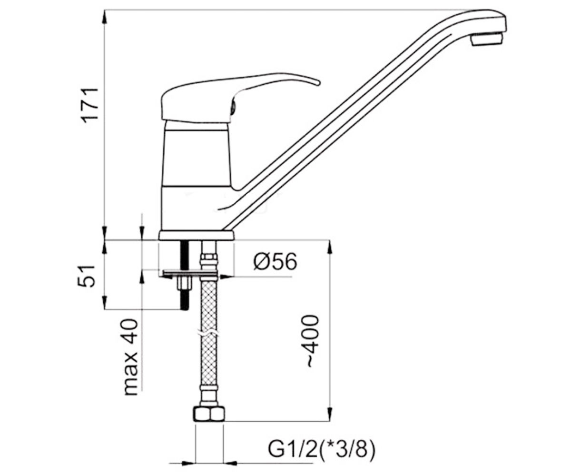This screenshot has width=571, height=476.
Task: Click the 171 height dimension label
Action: tap(90, 105)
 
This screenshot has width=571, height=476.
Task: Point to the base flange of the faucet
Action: tap(197, 236)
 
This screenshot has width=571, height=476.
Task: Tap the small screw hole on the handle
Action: tap(234, 106)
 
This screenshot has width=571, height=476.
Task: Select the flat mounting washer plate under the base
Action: tap(189, 273)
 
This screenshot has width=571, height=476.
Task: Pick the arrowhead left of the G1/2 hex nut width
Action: tap(189, 464)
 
